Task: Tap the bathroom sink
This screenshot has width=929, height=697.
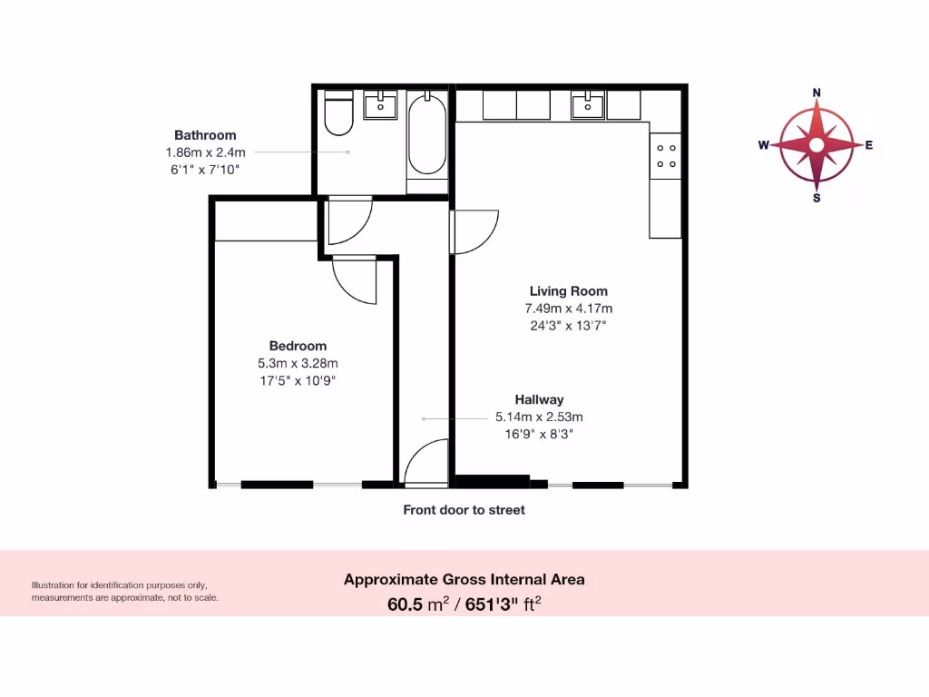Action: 380,104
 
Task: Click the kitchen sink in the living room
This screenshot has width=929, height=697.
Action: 589,105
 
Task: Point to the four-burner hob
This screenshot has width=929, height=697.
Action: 665,155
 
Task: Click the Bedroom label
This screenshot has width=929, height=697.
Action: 298,346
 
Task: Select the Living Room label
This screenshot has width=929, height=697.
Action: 569,291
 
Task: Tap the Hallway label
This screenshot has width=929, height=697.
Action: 539,399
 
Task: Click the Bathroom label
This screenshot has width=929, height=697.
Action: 205,135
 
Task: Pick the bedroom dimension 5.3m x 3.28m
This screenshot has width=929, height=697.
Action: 298,363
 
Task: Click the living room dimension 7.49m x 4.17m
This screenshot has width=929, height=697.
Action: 569,309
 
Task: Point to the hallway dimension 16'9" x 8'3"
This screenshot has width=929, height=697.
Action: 539,434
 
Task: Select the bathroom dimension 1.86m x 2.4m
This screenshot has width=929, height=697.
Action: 205,152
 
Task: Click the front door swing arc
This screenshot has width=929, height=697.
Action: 424,461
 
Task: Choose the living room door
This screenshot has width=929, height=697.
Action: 474,231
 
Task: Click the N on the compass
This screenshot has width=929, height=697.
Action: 817,93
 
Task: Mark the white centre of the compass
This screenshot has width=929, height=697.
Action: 817,145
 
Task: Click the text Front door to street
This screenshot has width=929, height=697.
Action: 464,510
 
